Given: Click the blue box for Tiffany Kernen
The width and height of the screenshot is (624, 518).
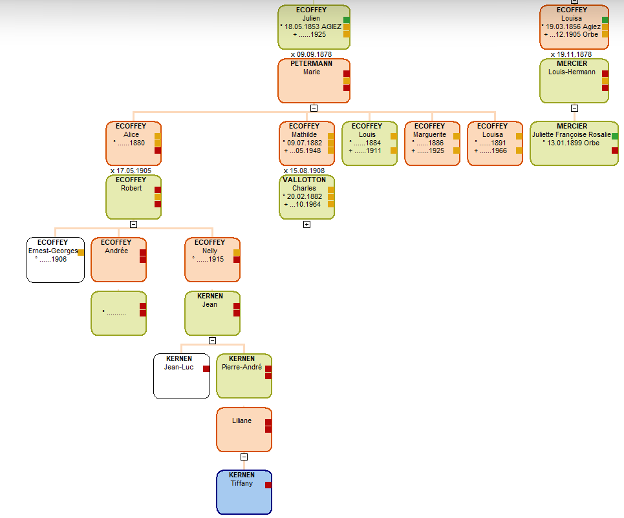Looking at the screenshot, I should [x=244, y=492].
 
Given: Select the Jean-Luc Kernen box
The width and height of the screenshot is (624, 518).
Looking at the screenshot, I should [x=181, y=376].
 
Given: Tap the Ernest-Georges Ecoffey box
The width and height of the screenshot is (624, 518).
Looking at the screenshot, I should [x=55, y=260].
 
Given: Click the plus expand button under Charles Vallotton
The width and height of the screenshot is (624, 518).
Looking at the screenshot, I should [x=307, y=225].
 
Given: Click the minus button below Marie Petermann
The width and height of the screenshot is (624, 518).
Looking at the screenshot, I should [x=314, y=109].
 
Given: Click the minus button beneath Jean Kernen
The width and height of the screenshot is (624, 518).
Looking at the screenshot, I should [x=212, y=341].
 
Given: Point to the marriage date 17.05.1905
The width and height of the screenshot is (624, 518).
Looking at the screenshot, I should [x=131, y=171].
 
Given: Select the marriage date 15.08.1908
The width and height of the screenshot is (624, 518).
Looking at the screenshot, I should [x=304, y=171].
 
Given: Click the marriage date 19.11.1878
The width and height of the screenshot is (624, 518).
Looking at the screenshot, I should [x=571, y=54].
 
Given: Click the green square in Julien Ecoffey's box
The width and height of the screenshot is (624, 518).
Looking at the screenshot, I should [x=347, y=20].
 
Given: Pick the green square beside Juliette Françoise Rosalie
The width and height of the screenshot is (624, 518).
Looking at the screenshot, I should [x=615, y=136].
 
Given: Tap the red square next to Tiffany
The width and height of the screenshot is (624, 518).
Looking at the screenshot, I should [x=268, y=485].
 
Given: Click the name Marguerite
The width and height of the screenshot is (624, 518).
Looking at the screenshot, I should [x=429, y=135].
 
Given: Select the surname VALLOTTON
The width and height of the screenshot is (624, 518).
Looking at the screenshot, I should [x=304, y=180].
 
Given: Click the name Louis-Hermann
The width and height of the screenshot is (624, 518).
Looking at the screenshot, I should [x=572, y=72].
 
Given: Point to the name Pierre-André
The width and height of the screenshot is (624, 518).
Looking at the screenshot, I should [x=242, y=367].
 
